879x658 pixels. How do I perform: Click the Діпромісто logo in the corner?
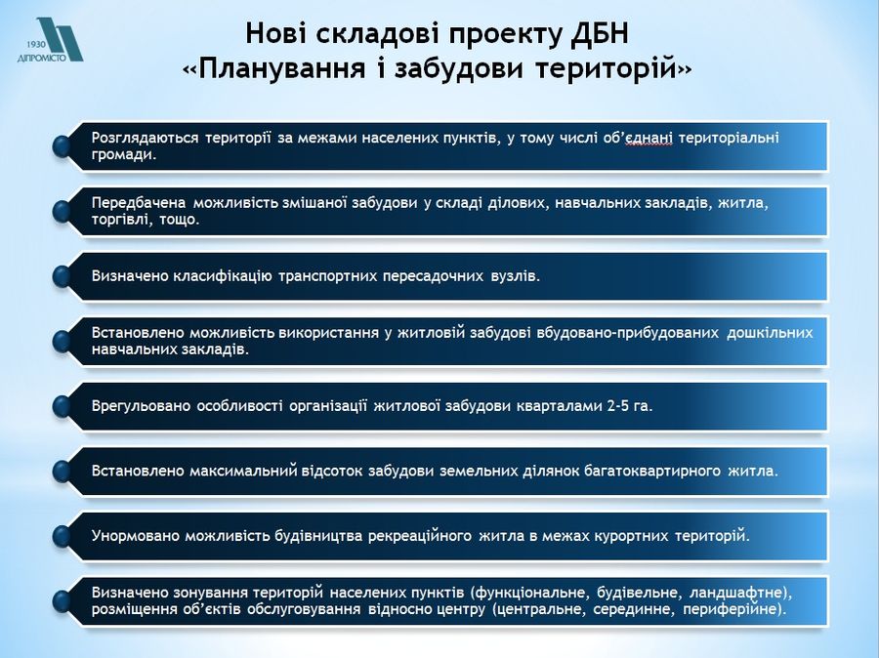[x=50, y=39]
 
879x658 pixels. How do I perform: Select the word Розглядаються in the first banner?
[x=145, y=138]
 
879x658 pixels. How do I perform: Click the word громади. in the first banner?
[x=124, y=154]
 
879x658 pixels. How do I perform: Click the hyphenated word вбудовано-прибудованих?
[x=628, y=332]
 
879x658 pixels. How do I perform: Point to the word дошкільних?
[x=770, y=332]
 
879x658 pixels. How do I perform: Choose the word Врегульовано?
[x=142, y=405]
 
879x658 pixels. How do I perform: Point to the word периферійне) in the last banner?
[x=734, y=609]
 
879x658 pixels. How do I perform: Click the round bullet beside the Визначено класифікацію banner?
[x=62, y=276]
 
